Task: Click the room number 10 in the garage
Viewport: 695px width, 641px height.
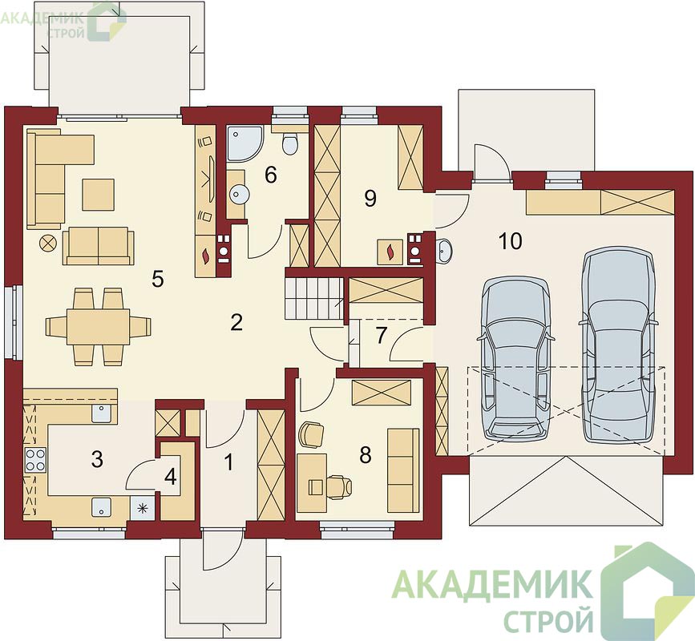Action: pyautogui.click(x=511, y=241)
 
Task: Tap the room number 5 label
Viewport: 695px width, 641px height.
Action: pyautogui.click(x=158, y=279)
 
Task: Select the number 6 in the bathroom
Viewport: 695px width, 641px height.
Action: pyautogui.click(x=270, y=175)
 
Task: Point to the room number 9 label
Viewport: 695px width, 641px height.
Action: pyautogui.click(x=370, y=198)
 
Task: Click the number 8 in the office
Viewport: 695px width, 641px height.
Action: pyautogui.click(x=366, y=455)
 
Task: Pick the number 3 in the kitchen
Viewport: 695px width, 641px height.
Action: pyautogui.click(x=97, y=459)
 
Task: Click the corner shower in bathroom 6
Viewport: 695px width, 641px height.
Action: pyautogui.click(x=244, y=143)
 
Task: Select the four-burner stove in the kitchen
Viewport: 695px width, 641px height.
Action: pyautogui.click(x=35, y=460)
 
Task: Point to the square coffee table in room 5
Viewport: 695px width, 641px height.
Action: pyautogui.click(x=98, y=194)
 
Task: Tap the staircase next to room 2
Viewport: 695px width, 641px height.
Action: pyautogui.click(x=313, y=298)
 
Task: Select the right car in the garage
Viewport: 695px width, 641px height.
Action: pyautogui.click(x=618, y=345)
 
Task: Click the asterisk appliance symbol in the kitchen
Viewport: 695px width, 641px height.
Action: pyautogui.click(x=142, y=508)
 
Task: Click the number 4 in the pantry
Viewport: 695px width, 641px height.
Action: pyautogui.click(x=171, y=477)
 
